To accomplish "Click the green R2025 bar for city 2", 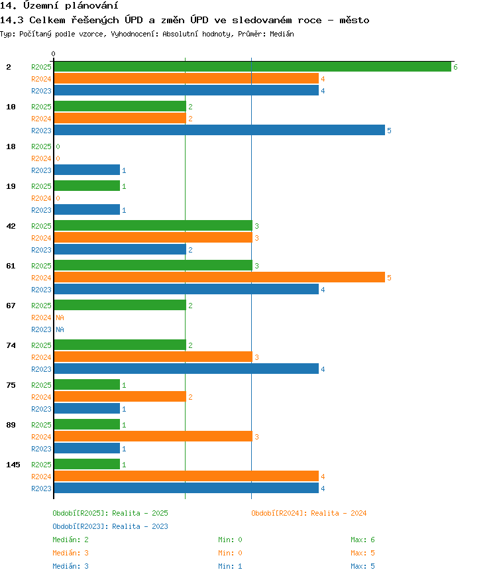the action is [252, 67].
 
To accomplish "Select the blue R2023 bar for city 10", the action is [219, 130].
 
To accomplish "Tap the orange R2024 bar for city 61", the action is [219, 277].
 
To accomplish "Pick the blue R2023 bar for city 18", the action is [87, 170].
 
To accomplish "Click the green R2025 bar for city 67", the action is [120, 305].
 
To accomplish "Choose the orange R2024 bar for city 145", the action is [186, 477].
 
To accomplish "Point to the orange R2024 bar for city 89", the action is [153, 436].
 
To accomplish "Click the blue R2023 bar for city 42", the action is [120, 249].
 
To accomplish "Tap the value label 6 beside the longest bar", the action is [455, 67].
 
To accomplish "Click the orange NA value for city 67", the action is [60, 318].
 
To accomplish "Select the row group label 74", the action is [11, 345].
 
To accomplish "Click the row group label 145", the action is [13, 465].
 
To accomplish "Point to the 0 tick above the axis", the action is [54, 54].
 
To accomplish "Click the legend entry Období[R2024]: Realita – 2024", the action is [309, 513].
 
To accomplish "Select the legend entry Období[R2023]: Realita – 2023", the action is [110, 526].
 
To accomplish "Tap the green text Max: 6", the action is [362, 540].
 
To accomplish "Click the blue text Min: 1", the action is [230, 566].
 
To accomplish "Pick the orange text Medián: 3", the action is [70, 553].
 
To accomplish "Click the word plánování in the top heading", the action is [91, 5].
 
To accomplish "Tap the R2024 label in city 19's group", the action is [41, 198].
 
